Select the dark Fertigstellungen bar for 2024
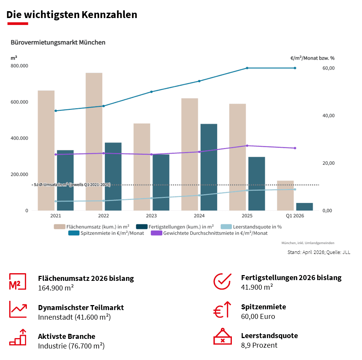tap(209, 167)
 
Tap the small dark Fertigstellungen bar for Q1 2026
tap(304, 207)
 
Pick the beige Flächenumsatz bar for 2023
tap(142, 167)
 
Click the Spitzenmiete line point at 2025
tap(247, 68)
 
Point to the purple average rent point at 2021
tap(56, 154)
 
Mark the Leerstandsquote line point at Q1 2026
tap(295, 189)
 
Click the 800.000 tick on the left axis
tap(19, 66)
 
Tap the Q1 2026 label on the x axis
tap(295, 216)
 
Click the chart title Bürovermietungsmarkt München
tap(58, 42)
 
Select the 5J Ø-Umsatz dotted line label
tap(72, 185)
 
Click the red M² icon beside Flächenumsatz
tap(18, 282)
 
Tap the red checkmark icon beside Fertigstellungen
tap(222, 281)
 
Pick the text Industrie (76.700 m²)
tap(71, 346)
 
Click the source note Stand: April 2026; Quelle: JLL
tap(319, 252)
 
